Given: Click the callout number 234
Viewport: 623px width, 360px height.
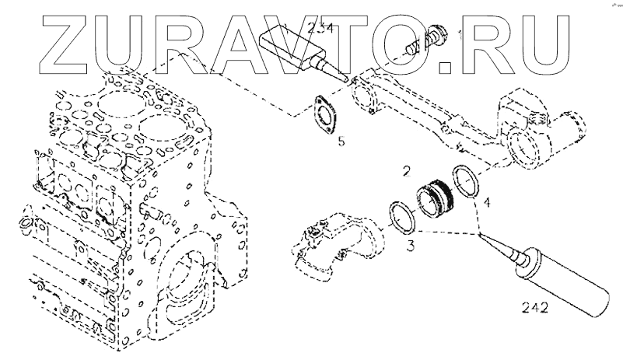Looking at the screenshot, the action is point(321,30).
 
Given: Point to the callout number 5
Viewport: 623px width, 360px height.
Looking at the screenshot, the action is point(341,142).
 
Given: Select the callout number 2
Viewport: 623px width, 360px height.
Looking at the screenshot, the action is point(406,169).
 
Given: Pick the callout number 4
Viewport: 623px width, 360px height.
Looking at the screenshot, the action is point(486,204).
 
